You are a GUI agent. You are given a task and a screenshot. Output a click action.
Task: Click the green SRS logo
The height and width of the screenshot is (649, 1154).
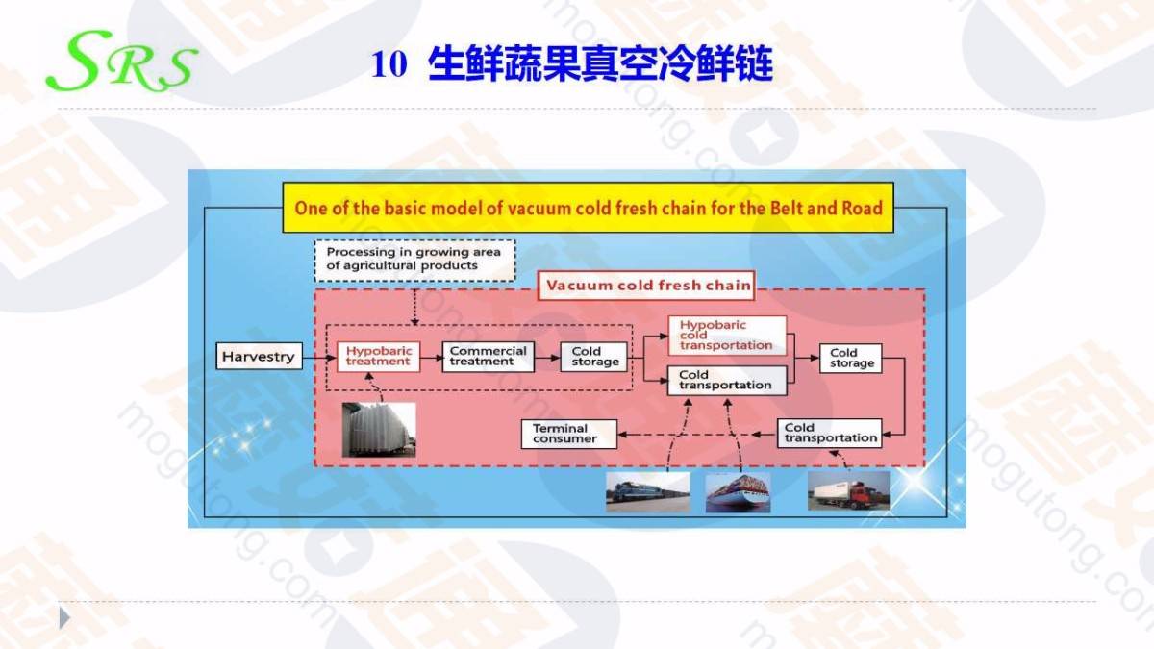click(x=121, y=61)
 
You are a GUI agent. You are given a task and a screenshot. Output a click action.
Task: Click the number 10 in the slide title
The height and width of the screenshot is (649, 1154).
click(x=389, y=64)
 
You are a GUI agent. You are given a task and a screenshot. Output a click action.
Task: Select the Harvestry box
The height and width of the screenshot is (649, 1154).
click(x=259, y=356)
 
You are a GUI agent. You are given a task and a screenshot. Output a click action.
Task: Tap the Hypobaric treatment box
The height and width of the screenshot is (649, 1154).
click(x=379, y=356)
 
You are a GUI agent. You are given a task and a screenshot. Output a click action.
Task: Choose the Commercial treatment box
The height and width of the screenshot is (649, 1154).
click(x=488, y=356)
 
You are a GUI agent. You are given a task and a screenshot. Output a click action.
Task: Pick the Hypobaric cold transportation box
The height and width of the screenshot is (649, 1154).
click(x=727, y=336)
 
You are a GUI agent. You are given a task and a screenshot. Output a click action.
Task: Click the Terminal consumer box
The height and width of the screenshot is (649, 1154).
click(x=568, y=434)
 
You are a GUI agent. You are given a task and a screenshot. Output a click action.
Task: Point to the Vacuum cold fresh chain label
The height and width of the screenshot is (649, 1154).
click(x=646, y=286)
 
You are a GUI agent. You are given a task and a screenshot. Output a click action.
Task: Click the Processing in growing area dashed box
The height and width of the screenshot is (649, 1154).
click(x=414, y=261)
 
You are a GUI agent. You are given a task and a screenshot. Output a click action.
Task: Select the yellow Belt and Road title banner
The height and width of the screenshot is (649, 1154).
click(x=588, y=208)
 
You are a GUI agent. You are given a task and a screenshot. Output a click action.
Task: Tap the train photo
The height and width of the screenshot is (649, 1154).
click(x=647, y=492)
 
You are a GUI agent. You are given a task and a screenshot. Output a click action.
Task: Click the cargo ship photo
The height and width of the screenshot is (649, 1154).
click(x=738, y=493)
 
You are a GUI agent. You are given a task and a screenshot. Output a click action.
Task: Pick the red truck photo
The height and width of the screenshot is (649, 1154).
click(x=848, y=491)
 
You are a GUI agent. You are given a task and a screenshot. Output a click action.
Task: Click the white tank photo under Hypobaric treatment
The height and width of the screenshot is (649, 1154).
click(x=379, y=430)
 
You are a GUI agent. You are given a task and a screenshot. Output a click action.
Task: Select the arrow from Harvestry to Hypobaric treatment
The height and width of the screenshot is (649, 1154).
click(x=319, y=357)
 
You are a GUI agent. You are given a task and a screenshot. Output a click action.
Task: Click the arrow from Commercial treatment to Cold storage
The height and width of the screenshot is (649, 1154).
click(x=547, y=357)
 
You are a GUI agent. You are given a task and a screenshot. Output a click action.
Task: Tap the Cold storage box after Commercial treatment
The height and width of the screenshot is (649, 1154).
click(x=594, y=357)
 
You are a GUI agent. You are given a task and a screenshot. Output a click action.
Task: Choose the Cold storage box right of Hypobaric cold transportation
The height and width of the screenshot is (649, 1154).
click(x=851, y=358)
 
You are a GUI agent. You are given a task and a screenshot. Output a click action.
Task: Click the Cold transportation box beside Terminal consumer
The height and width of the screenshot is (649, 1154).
click(x=829, y=434)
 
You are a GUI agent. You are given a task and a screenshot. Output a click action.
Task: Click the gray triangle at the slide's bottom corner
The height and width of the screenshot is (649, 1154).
click(x=63, y=618)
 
